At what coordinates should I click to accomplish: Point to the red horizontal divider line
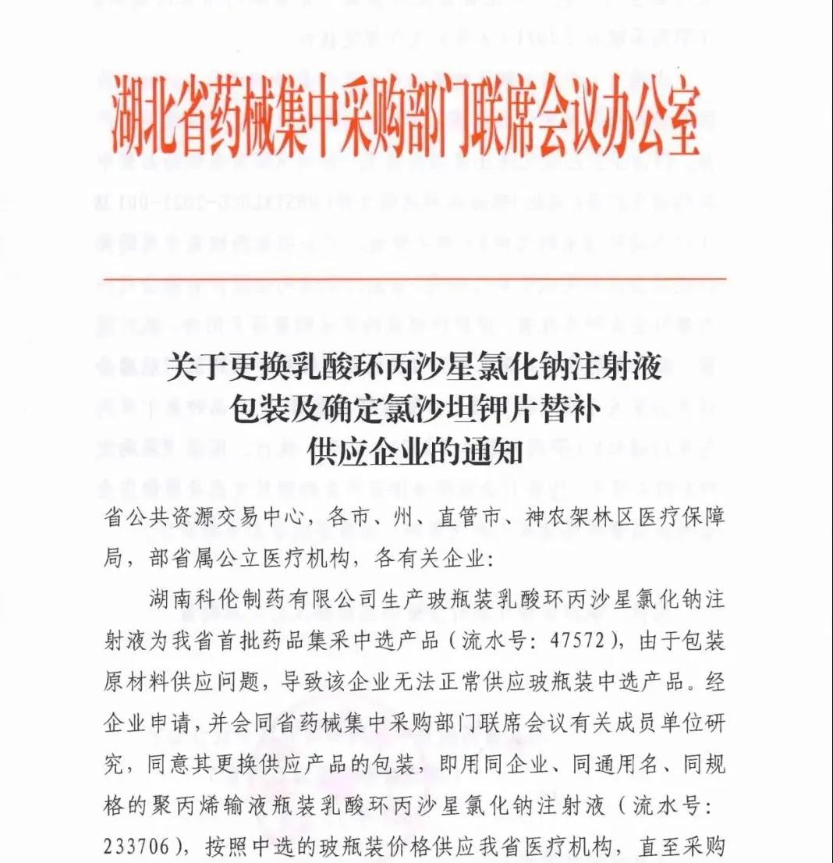coord(414,279)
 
